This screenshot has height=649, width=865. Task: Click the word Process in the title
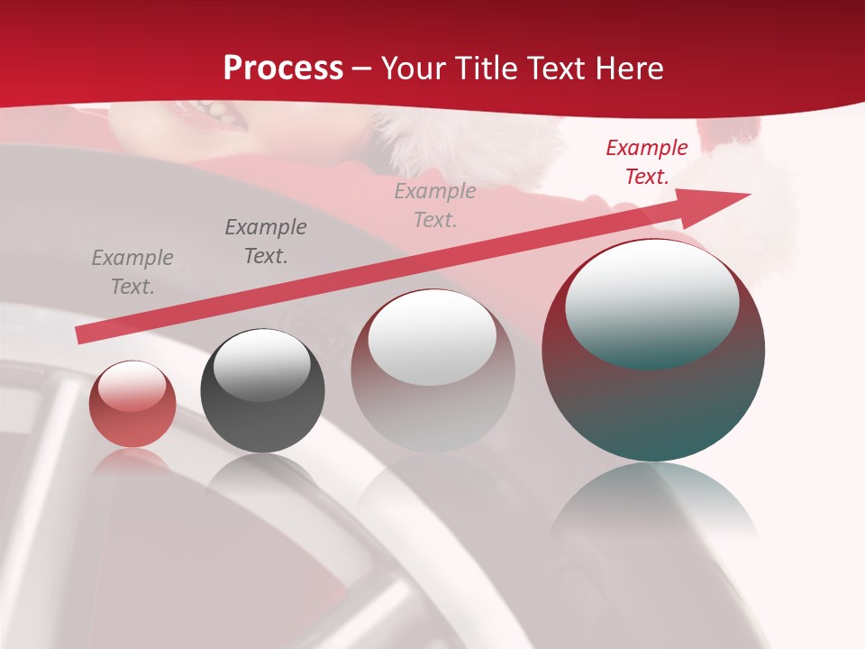point(283,69)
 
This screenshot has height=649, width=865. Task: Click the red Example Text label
point(647,162)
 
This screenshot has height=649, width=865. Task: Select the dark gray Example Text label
point(266,242)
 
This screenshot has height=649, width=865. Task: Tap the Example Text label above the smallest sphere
point(132,272)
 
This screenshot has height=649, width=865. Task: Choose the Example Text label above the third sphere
point(435,205)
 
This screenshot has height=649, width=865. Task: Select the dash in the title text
point(362,69)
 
